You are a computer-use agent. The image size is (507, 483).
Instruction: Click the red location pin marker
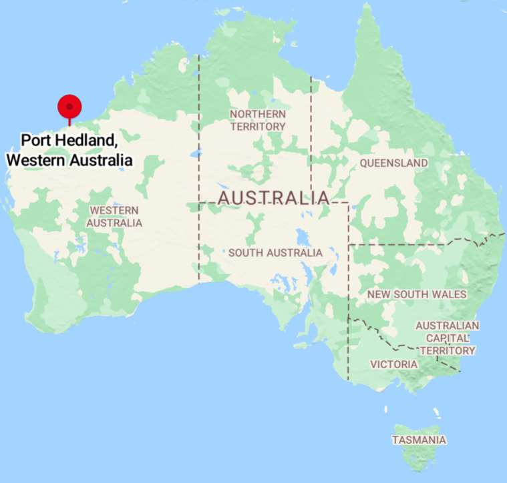pos(69,107)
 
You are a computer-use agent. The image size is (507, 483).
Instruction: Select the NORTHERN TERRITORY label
pos(257,120)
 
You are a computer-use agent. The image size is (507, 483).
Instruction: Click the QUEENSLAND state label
pos(393,163)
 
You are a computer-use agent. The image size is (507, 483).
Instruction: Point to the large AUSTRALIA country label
pos(273,198)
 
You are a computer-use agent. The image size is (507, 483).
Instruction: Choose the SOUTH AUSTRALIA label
pos(275,253)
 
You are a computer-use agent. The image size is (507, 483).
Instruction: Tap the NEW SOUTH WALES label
pos(417,294)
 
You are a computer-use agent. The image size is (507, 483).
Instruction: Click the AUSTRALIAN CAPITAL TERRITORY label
pos(447,338)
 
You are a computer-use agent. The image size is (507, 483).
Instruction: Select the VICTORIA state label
pos(394,364)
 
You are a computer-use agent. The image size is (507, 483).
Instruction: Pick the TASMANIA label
pos(419,440)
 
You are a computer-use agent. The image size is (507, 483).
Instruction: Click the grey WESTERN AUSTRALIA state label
pos(116,217)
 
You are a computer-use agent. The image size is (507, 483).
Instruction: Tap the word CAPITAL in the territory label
pos(447,338)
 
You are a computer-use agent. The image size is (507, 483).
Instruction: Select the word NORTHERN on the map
pos(257,114)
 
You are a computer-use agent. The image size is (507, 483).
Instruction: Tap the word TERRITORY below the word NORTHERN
pos(257,126)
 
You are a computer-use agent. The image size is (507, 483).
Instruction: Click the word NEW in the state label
pos(379,294)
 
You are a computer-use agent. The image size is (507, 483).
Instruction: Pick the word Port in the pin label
pos(35,141)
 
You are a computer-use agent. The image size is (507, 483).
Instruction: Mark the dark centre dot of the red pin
pos(69,105)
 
